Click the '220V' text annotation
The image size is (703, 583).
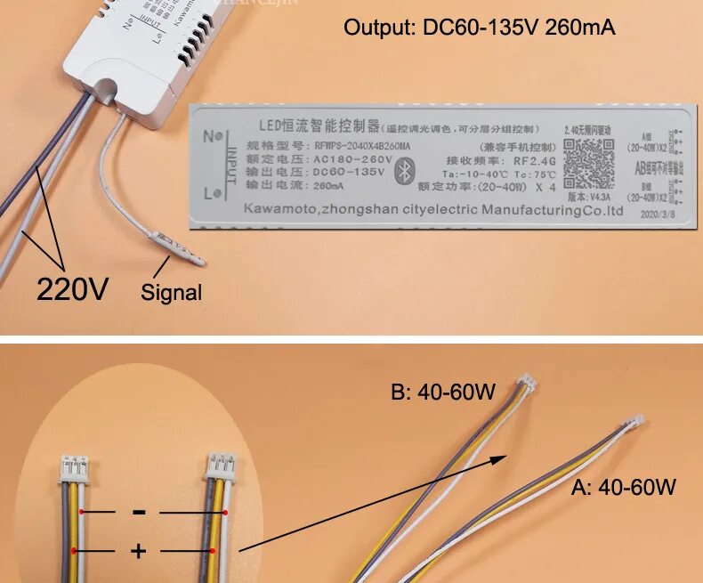(72, 288)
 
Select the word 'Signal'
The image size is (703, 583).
(172, 292)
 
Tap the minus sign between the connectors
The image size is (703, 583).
(139, 512)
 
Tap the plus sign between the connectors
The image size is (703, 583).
(139, 551)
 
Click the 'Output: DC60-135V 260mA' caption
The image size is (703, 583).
(480, 28)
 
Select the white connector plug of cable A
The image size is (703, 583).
(635, 423)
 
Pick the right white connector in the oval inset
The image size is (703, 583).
(220, 466)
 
